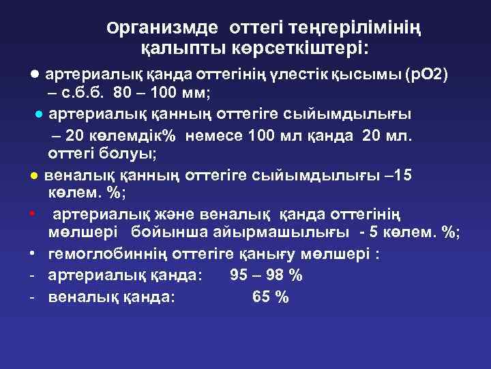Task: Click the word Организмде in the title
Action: click(x=162, y=29)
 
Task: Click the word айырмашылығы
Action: click(x=286, y=234)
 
